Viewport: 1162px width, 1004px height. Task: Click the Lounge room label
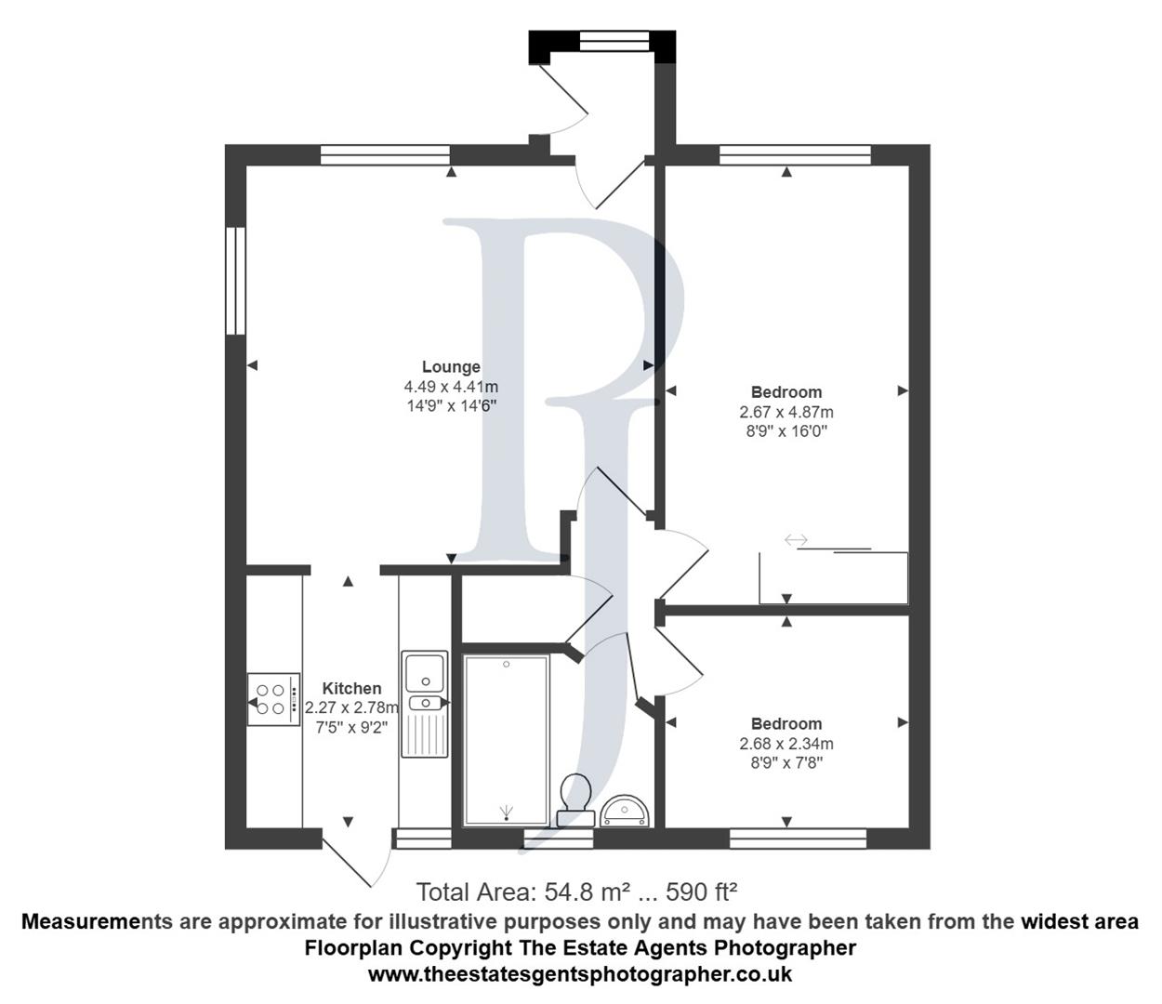451,367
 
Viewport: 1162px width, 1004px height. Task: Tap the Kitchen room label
351,689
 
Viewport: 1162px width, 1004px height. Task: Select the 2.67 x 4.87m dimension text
786,412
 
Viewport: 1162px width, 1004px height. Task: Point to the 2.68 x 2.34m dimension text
786,744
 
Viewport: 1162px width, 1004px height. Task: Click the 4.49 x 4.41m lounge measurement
451,387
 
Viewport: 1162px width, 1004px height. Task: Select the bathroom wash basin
627,811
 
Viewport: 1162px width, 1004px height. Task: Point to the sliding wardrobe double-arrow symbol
797,540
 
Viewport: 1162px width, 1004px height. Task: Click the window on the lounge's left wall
236,280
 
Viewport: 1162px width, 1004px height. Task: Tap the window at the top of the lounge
385,154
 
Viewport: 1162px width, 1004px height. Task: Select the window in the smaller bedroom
798,839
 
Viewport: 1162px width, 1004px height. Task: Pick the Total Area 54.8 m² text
576,892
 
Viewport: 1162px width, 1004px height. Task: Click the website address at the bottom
580,974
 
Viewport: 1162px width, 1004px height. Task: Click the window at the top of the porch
614,40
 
